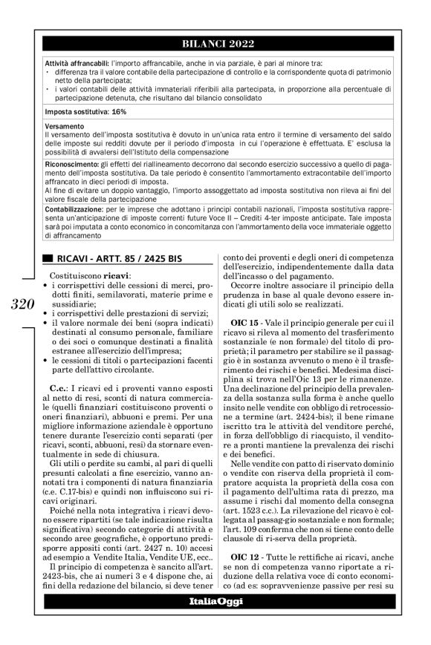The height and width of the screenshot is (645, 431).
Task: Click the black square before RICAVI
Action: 48,258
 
